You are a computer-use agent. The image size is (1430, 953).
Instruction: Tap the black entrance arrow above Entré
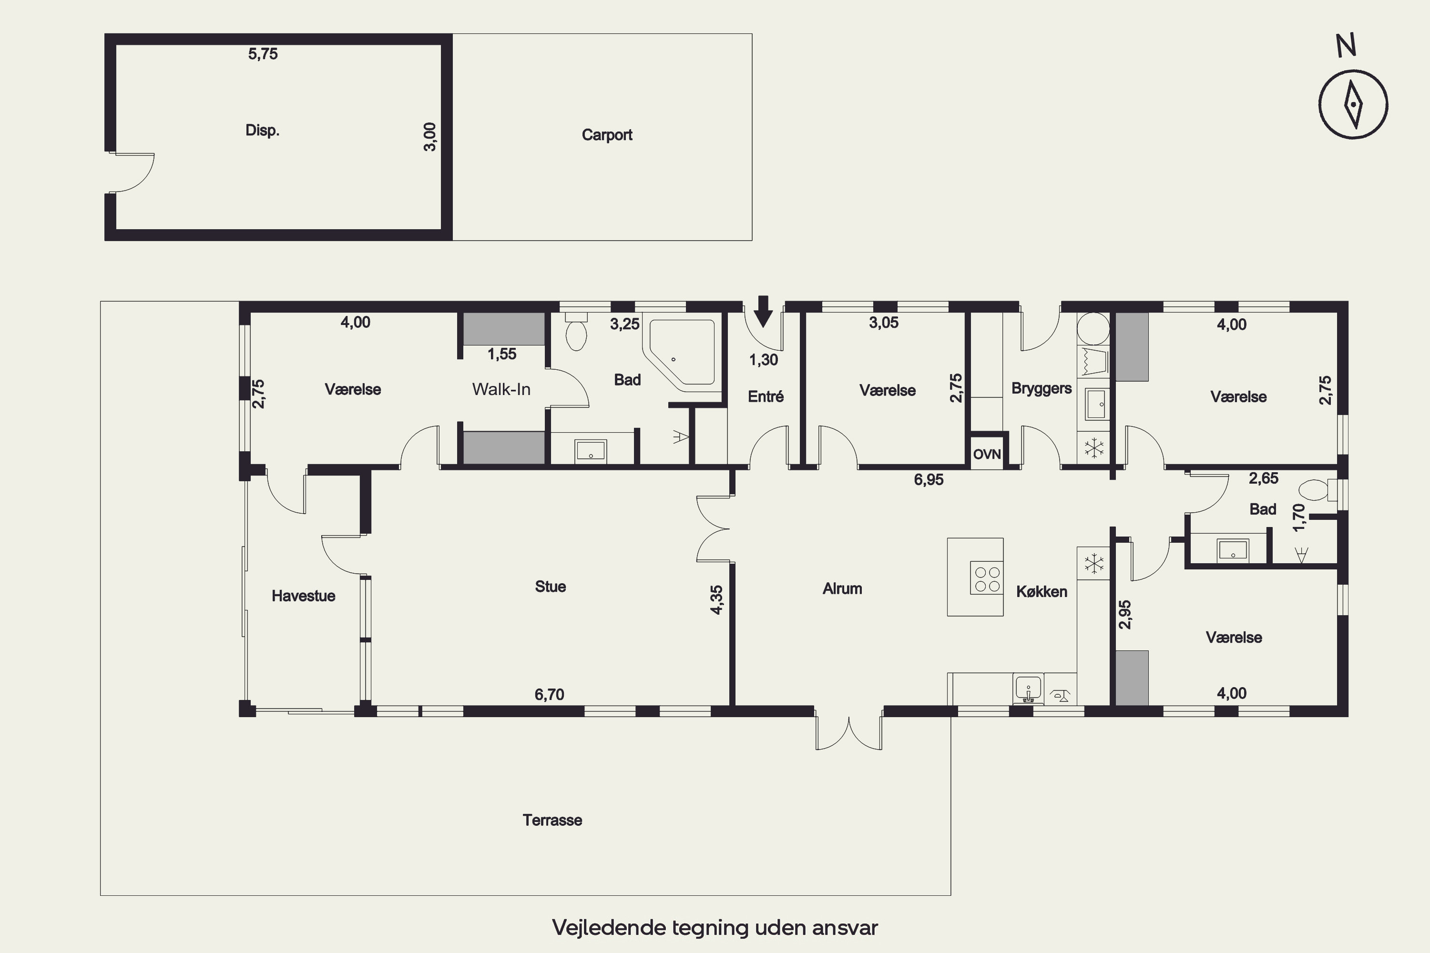(x=763, y=311)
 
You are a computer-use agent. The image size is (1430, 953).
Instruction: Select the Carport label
(x=607, y=135)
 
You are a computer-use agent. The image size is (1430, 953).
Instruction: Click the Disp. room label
(x=262, y=130)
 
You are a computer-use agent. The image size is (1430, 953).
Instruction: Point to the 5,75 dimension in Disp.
(x=263, y=54)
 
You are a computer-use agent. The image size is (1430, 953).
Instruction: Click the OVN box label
(x=987, y=454)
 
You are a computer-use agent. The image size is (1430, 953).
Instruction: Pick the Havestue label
(x=303, y=596)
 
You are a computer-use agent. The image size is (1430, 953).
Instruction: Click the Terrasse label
(x=552, y=820)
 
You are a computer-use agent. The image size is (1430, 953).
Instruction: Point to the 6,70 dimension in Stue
(x=549, y=694)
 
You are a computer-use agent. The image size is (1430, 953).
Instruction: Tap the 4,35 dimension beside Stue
(x=717, y=600)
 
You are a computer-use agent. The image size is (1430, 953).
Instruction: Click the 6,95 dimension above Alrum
(x=929, y=479)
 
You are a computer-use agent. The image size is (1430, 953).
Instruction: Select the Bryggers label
(x=1042, y=389)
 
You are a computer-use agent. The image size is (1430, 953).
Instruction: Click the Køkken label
(x=1042, y=591)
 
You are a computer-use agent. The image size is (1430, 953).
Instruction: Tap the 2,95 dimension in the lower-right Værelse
(x=1125, y=615)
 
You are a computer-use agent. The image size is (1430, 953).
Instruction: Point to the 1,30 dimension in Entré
(x=763, y=360)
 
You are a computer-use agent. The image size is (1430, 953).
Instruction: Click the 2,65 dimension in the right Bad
(x=1264, y=478)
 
